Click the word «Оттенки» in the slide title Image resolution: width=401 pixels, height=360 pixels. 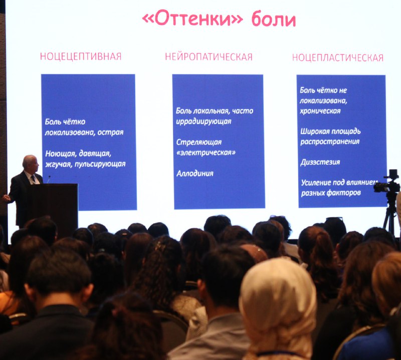pyautogui.click(x=192, y=19)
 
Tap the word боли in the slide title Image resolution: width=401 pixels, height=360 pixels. pyautogui.click(x=274, y=19)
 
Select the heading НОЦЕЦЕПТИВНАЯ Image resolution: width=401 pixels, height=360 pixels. pyautogui.click(x=81, y=57)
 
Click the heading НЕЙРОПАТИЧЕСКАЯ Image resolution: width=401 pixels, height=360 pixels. pyautogui.click(x=209, y=57)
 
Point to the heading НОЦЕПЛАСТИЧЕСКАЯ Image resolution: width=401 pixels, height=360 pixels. pyautogui.click(x=337, y=58)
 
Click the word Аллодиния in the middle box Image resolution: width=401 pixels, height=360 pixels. pyautogui.click(x=195, y=173)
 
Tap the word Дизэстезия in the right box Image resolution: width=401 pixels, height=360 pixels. pyautogui.click(x=320, y=162)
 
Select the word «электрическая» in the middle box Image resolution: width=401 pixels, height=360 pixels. pyautogui.click(x=206, y=153)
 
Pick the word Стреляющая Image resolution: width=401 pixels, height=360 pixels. pyautogui.click(x=199, y=142)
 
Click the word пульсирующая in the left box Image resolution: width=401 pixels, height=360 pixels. pyautogui.click(x=100, y=164)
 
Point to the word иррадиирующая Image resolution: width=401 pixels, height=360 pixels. pyautogui.click(x=204, y=121)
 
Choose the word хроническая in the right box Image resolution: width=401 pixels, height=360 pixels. pyautogui.click(x=320, y=111)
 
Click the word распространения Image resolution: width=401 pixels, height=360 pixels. pyautogui.click(x=330, y=142)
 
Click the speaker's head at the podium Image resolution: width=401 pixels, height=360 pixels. pyautogui.click(x=30, y=163)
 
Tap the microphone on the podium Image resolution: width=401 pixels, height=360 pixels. pyautogui.click(x=48, y=179)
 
